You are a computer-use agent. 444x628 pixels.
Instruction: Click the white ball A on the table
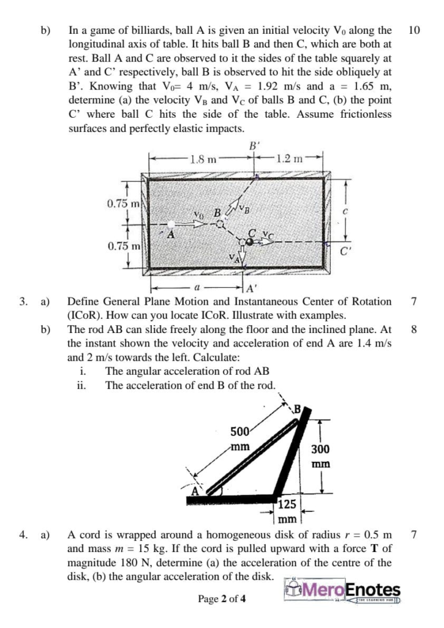click(x=173, y=225)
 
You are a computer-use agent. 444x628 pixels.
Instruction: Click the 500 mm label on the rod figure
click(x=239, y=438)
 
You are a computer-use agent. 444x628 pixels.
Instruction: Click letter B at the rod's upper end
click(x=298, y=410)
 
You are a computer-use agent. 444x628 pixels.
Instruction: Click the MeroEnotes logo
click(x=343, y=591)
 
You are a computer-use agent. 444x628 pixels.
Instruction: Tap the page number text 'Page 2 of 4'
click(x=222, y=599)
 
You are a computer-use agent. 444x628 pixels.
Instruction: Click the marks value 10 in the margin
click(x=413, y=29)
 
